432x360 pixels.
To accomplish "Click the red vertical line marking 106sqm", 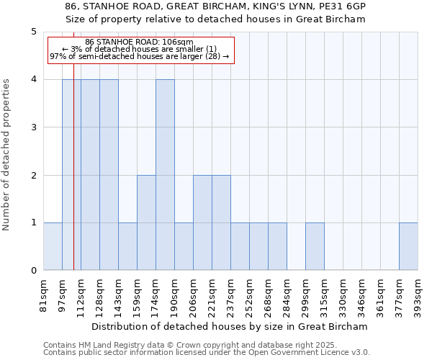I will [x=73, y=173].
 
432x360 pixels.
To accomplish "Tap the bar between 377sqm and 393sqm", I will [x=408, y=246].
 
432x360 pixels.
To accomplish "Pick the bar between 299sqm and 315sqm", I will [x=315, y=246].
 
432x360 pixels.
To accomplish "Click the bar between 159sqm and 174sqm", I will [x=146, y=222].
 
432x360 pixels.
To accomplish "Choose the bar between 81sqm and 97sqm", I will [x=53, y=246].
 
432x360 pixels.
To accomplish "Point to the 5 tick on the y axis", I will [x=33, y=32].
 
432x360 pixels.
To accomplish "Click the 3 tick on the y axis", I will [x=33, y=127].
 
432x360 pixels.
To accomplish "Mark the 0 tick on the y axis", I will [x=33, y=271].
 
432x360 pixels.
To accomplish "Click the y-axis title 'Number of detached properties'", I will [x=7, y=155].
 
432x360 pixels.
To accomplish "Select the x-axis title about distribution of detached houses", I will [x=230, y=326].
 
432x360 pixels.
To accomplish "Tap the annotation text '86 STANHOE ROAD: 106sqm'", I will [x=139, y=42].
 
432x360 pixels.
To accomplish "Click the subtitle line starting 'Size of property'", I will [x=215, y=19].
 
